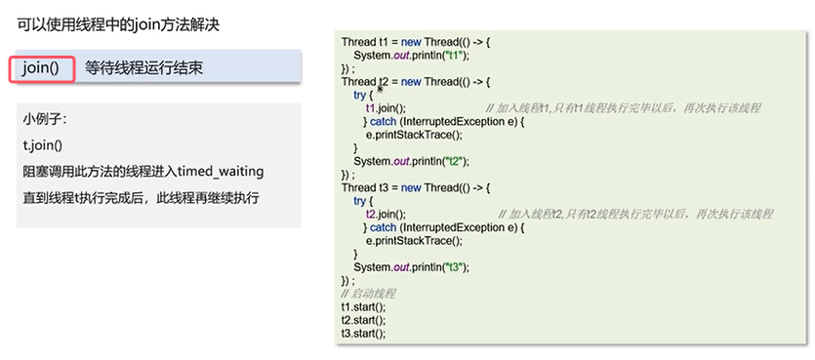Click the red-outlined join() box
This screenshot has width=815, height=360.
[42, 68]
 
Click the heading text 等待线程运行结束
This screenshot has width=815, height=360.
[143, 68]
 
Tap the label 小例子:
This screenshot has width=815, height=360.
[45, 120]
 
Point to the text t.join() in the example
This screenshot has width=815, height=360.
[43, 146]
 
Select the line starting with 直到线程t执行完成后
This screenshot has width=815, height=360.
[141, 198]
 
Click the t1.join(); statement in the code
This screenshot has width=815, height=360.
[386, 108]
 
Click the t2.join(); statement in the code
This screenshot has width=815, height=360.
[386, 214]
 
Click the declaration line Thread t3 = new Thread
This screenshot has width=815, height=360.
[416, 187]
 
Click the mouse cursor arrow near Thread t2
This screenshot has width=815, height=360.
[380, 89]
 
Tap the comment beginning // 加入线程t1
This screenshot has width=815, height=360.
[623, 108]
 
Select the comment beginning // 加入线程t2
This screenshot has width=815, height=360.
[635, 214]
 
